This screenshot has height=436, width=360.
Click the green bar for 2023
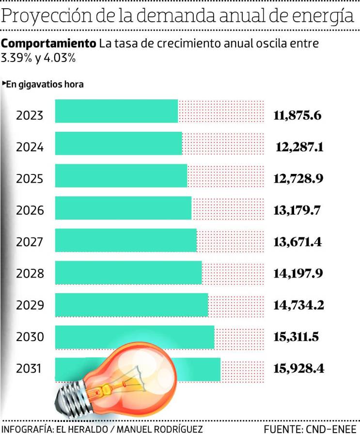tap(117, 111)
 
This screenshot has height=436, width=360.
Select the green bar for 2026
tap(124, 208)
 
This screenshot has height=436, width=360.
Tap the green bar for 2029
tap(131, 305)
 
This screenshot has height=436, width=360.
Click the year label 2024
tap(30, 147)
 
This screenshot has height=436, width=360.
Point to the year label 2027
tap(30, 242)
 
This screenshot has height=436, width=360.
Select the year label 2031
tap(30, 369)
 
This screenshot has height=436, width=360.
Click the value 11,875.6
tap(297, 116)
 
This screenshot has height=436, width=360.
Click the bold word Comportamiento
tap(48, 44)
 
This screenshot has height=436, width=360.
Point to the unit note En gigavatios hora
tap(45, 84)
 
